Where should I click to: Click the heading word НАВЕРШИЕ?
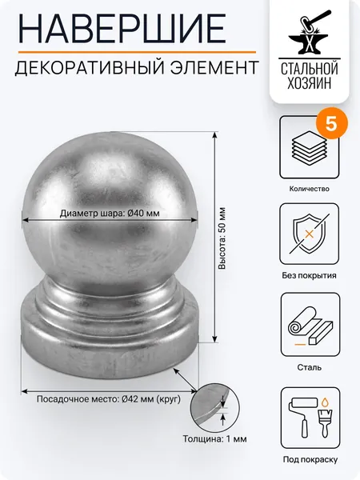(x=122, y=29)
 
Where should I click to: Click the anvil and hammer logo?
(x=309, y=32)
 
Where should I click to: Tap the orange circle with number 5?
(x=331, y=124)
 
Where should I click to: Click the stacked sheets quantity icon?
(x=309, y=145)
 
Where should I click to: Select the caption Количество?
(x=309, y=189)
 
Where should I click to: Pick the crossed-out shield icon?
(x=309, y=234)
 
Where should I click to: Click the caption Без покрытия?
(x=309, y=275)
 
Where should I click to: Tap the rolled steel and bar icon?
(x=310, y=325)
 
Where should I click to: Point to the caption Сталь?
(x=309, y=367)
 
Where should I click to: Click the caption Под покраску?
(x=310, y=459)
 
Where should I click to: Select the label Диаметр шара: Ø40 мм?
(x=110, y=213)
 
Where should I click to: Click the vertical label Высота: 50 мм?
(x=222, y=238)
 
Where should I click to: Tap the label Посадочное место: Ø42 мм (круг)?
(x=109, y=399)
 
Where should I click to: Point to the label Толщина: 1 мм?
(x=214, y=438)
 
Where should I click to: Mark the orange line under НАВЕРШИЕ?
(x=137, y=52)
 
